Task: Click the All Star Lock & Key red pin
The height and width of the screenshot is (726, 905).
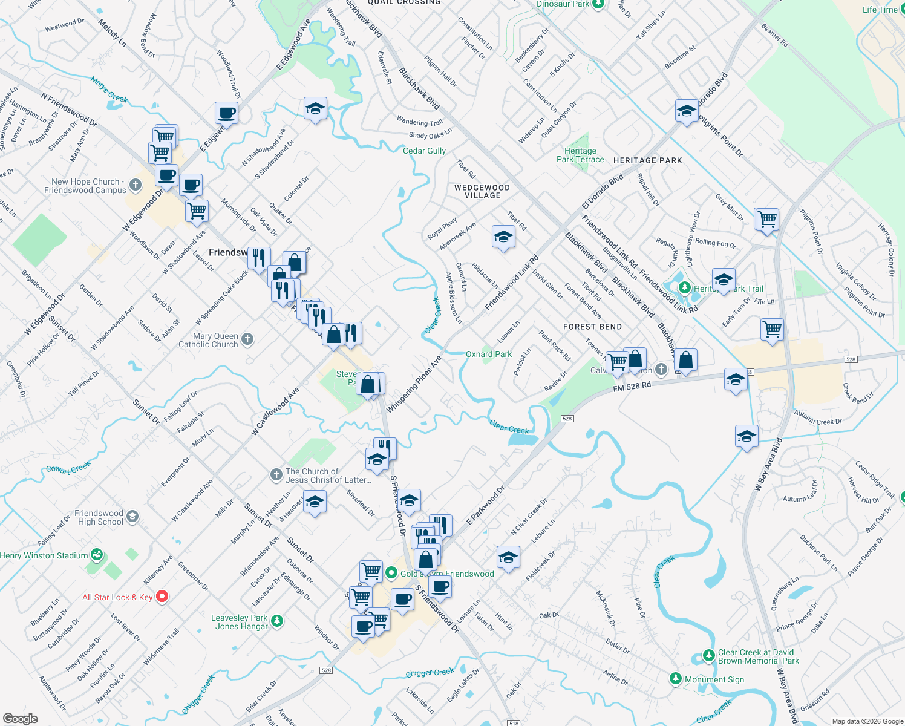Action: tap(162, 597)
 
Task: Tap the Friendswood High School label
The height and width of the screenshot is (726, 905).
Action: tap(99, 517)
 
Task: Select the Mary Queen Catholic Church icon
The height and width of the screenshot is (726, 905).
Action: tap(247, 339)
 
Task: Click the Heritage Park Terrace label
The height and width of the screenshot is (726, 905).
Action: tap(580, 155)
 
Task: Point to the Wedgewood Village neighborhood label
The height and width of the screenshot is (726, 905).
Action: tap(482, 191)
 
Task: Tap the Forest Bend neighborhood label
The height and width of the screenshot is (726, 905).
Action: tap(592, 327)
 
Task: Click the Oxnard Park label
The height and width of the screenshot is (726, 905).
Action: tap(489, 354)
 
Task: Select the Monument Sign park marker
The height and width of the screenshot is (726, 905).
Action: tap(676, 679)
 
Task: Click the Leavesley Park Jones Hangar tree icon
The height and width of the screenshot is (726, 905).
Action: tap(277, 621)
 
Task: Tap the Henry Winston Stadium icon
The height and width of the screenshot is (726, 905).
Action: tap(96, 555)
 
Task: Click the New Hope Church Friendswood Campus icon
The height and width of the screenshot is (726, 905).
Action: tap(136, 185)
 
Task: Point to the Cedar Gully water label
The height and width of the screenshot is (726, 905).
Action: tap(424, 151)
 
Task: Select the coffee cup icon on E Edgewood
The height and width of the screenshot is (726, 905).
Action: tap(226, 113)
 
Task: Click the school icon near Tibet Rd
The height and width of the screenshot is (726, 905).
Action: tap(503, 238)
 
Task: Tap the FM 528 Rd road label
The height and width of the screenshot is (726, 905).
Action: tap(632, 386)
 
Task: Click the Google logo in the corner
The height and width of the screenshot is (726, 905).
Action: tap(20, 718)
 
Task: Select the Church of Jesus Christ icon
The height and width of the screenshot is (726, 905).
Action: tap(276, 475)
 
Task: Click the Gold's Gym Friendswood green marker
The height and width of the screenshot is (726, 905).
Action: tap(391, 572)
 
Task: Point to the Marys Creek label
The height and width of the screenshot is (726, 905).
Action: tap(109, 89)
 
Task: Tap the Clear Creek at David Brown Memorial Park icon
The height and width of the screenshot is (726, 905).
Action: tap(709, 656)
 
